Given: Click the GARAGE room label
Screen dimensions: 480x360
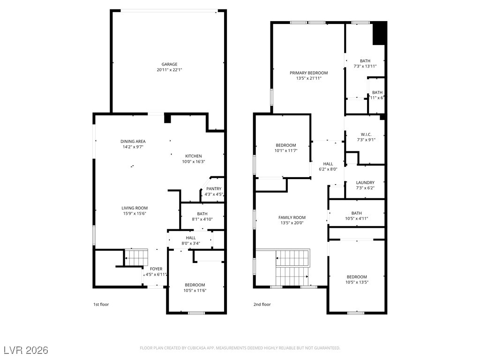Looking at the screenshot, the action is [x=169, y=64].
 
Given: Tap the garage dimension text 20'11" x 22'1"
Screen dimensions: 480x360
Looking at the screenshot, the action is [x=169, y=70].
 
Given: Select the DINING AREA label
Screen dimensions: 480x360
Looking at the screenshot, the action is [x=133, y=142].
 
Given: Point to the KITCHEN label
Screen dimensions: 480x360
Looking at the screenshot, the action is [x=194, y=156].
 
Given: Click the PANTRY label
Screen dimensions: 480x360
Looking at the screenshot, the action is [x=214, y=189].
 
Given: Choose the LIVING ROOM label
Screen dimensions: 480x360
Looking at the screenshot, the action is [x=135, y=208].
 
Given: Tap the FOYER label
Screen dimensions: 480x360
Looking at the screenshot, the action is [x=156, y=269].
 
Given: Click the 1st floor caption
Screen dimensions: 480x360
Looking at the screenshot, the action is [x=101, y=304].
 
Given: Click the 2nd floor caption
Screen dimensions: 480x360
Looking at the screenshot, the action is [x=262, y=304].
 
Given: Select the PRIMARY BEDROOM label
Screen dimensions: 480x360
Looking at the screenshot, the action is [x=308, y=73].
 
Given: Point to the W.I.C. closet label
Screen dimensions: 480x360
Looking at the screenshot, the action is [x=366, y=135].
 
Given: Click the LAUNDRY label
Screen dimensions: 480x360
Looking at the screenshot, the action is [x=365, y=183].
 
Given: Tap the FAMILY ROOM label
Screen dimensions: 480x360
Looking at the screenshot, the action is [x=292, y=217].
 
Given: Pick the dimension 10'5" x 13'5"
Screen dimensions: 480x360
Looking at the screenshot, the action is [x=357, y=282].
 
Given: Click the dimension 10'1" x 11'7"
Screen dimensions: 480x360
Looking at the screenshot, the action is [x=286, y=150].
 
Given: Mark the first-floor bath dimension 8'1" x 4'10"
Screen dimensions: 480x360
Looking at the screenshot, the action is [x=202, y=219].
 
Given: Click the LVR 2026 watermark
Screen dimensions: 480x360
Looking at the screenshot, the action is [x=26, y=350].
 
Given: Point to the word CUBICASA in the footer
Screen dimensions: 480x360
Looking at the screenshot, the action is [x=197, y=348].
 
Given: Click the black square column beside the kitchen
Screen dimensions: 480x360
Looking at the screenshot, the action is [x=167, y=118].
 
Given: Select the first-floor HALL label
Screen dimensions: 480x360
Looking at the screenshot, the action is [x=191, y=238].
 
